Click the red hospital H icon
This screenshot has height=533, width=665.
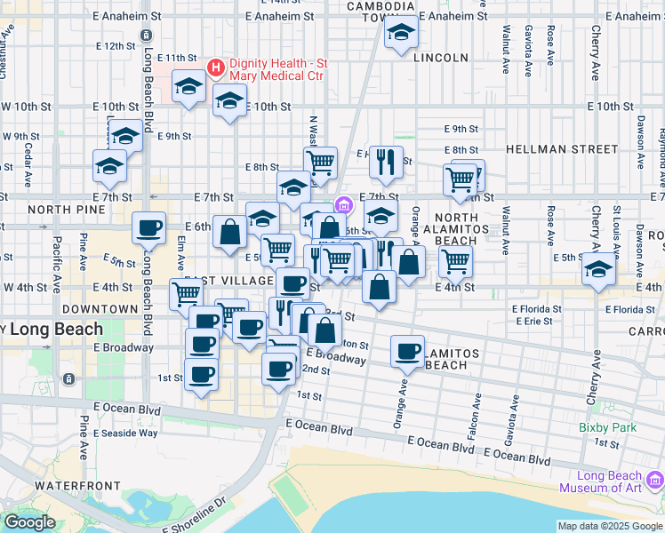tap(215, 68)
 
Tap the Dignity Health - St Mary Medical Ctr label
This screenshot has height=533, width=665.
tap(278, 69)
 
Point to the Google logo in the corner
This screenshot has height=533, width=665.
tap(29, 522)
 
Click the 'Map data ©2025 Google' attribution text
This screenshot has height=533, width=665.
tap(610, 526)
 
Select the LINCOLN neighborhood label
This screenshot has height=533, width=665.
tap(440, 58)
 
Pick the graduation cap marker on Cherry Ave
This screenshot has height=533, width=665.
tap(599, 268)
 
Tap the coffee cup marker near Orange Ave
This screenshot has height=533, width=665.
tap(408, 352)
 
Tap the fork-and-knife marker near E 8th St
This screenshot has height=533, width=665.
tap(385, 161)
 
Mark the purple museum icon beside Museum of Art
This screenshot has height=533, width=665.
tap(655, 481)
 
